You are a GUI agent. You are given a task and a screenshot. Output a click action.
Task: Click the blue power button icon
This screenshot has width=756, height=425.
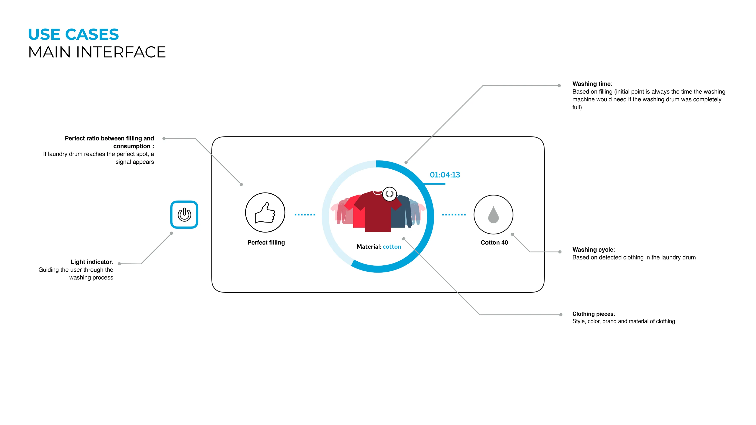tap(184, 214)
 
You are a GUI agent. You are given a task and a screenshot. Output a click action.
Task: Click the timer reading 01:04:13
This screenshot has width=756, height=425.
tap(445, 175)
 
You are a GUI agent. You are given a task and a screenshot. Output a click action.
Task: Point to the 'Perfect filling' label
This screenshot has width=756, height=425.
tap(266, 242)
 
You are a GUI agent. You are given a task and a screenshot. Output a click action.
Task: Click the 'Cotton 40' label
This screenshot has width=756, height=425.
tap(494, 242)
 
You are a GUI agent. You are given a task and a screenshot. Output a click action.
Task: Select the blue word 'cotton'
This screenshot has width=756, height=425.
tap(392, 247)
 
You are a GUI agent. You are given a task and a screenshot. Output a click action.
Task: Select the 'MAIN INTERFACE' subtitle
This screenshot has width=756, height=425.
tap(97, 52)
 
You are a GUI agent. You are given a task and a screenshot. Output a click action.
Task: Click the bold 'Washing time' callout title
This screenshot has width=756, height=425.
tap(591, 84)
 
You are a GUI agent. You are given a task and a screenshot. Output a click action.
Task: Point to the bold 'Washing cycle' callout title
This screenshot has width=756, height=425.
tap(593, 250)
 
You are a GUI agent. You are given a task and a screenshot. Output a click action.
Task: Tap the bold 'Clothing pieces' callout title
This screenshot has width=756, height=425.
tap(593, 314)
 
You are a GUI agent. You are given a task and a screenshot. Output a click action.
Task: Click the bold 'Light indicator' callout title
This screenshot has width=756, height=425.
tap(91, 262)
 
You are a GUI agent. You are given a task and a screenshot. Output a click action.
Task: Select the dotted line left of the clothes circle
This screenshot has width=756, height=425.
tap(305, 215)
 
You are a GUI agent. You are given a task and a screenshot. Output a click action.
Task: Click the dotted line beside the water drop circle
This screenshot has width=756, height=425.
tap(454, 215)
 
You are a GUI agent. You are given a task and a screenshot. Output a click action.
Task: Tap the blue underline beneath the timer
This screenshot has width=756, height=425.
tap(434, 184)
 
